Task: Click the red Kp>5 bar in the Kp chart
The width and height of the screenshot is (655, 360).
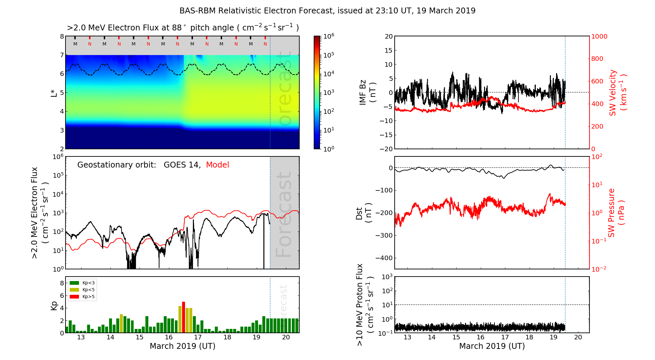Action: tap(183, 317)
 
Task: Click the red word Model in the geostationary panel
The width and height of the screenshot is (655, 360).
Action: tap(217, 165)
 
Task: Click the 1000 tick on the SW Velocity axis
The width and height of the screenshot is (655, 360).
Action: tap(599, 36)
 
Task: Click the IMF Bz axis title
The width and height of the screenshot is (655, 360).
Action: tap(367, 93)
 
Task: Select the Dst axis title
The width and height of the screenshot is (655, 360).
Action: tap(364, 213)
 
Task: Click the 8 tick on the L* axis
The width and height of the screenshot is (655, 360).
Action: tap(62, 36)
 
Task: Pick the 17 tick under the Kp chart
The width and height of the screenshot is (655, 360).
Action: tap(198, 337)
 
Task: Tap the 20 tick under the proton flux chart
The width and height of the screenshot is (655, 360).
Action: tap(578, 337)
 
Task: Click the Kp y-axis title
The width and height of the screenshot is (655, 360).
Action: tap(54, 305)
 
